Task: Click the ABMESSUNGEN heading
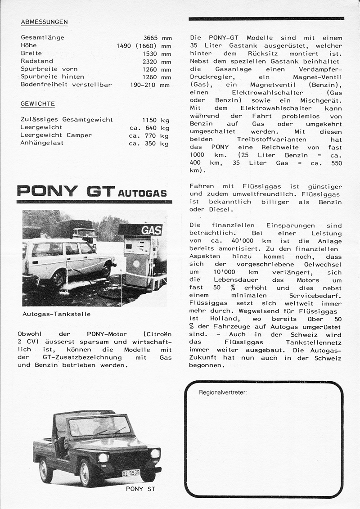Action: pyautogui.click(x=44, y=22)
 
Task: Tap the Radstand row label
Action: pyautogui.click(x=37, y=61)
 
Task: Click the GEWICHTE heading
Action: pyautogui.click(x=38, y=104)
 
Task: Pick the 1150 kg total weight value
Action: pyautogui.click(x=156, y=120)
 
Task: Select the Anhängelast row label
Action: pyautogui.click(x=42, y=143)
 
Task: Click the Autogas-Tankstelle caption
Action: pyautogui.click(x=56, y=314)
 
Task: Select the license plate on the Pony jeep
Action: pyautogui.click(x=130, y=473)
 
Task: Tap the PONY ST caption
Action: pyautogui.click(x=140, y=489)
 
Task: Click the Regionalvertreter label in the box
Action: pyautogui.click(x=223, y=392)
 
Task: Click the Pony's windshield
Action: pyautogui.click(x=99, y=425)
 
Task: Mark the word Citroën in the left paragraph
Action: pyautogui.click(x=155, y=334)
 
